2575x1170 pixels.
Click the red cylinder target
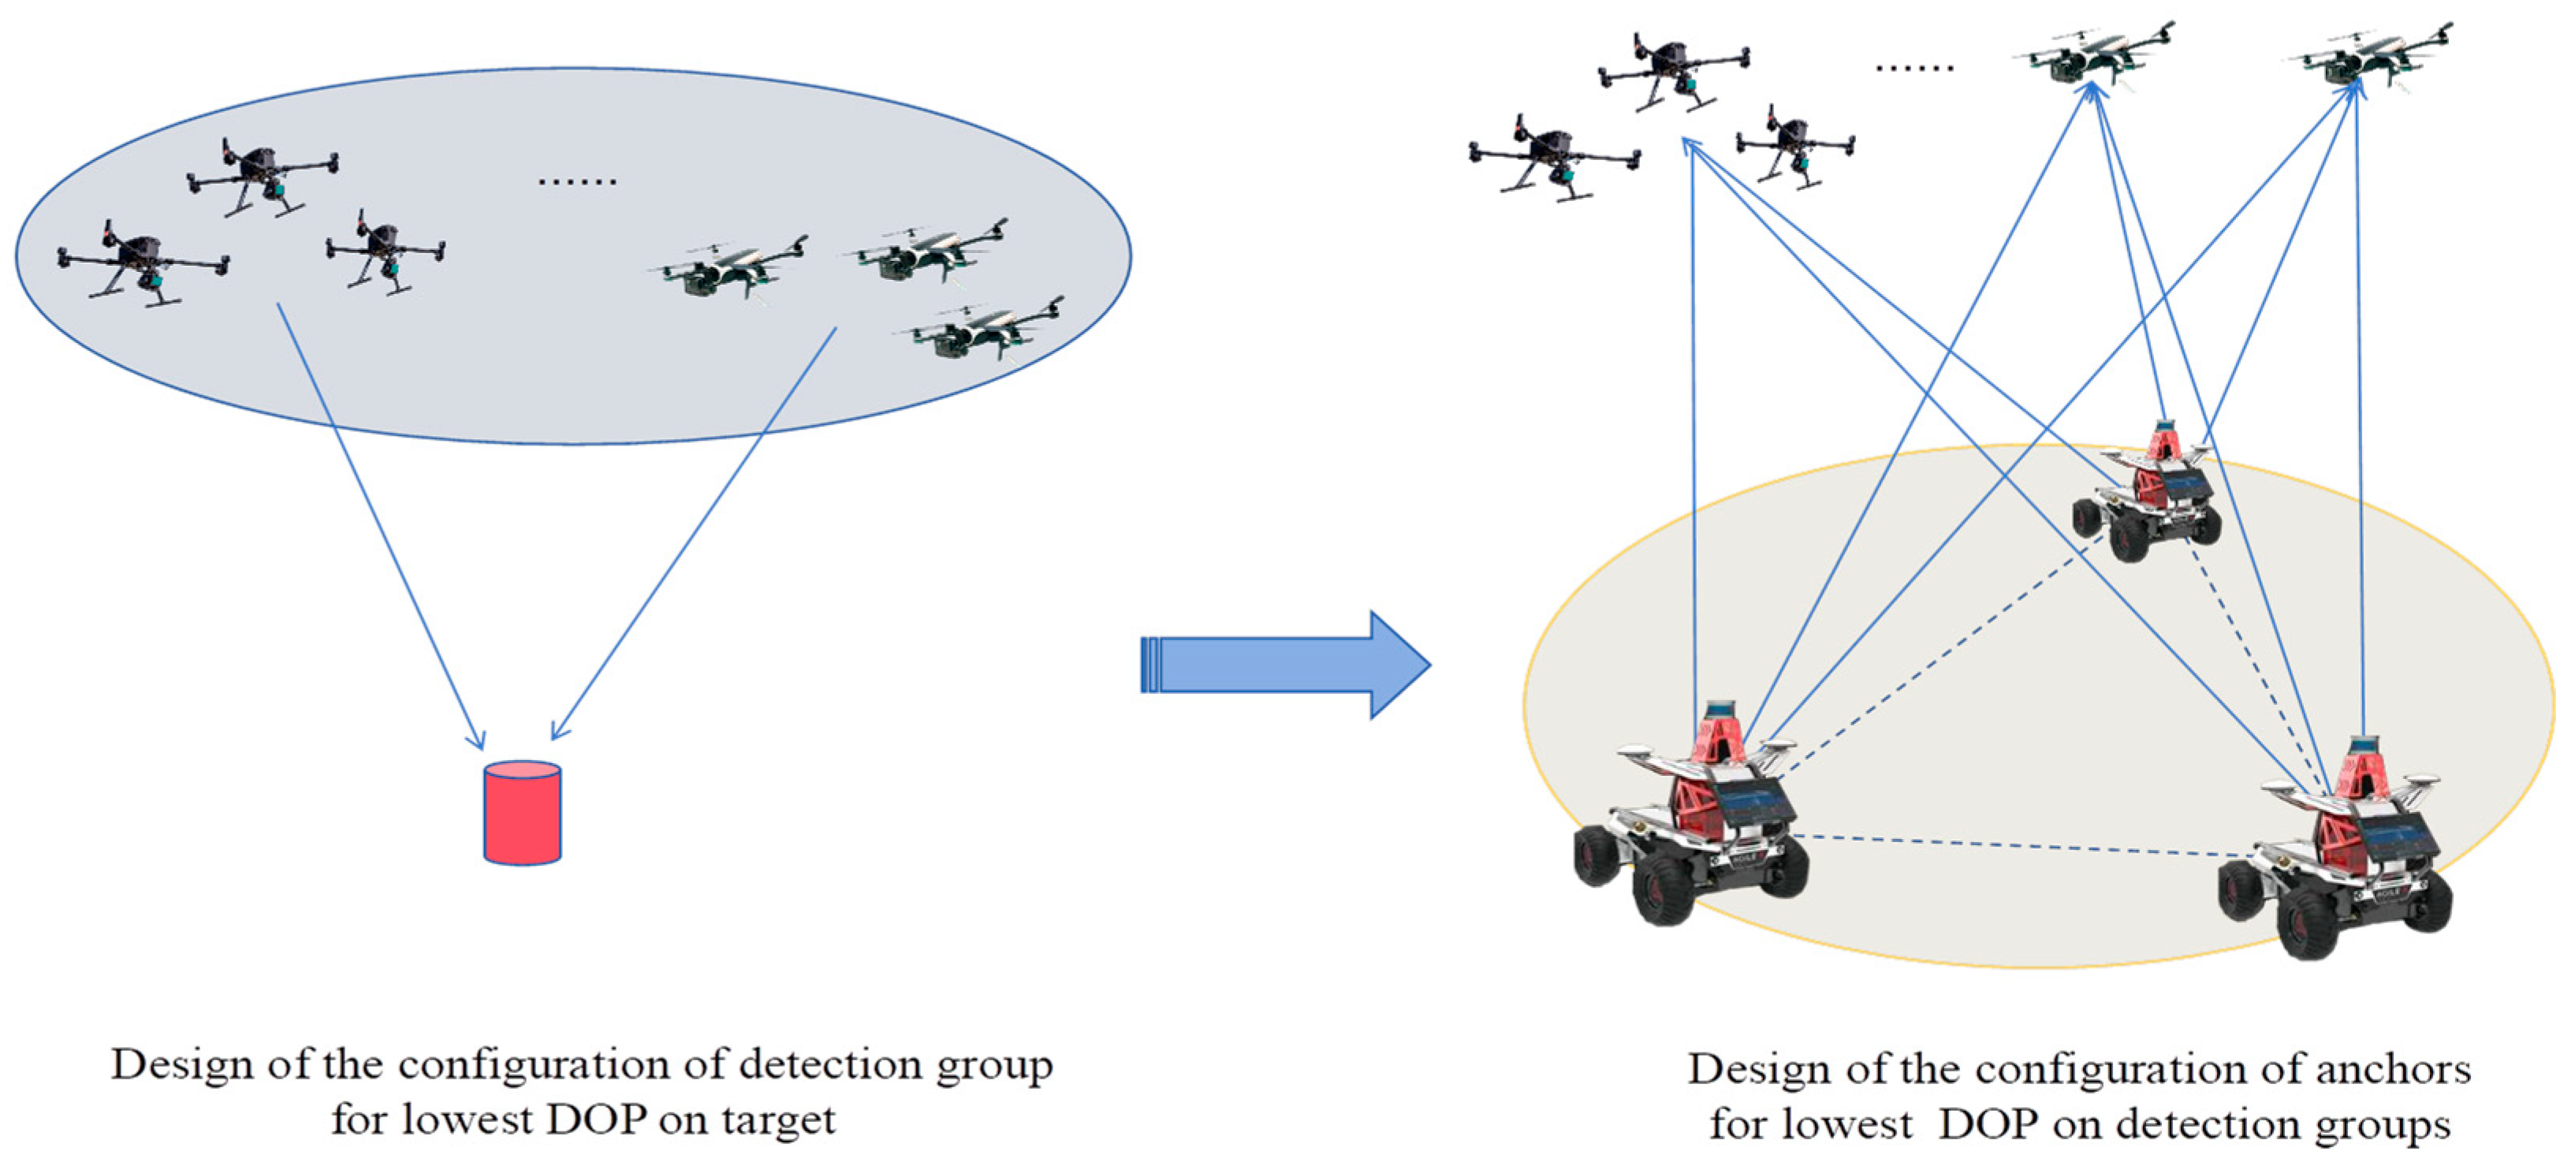(522, 812)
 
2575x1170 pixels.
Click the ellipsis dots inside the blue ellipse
(577, 182)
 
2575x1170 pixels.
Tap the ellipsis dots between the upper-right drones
(1914, 68)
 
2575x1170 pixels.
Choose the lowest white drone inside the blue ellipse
(985, 330)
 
